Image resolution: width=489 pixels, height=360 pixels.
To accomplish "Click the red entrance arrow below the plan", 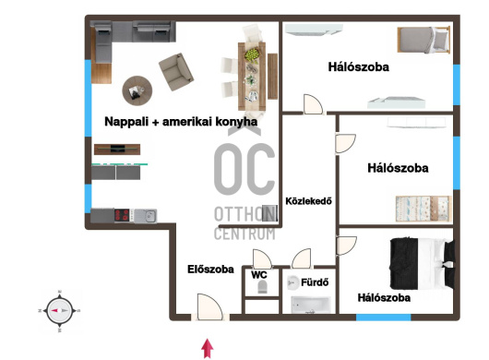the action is tap(208, 348).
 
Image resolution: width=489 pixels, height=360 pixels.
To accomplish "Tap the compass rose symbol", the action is tap(59, 311).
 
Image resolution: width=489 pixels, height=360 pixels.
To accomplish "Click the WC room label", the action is tap(259, 275).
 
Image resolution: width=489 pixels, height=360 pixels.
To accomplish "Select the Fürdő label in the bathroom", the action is tap(315, 282).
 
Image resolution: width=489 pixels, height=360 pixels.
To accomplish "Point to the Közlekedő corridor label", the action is tap(308, 201).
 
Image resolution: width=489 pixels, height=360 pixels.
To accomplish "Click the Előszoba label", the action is tap(210, 270).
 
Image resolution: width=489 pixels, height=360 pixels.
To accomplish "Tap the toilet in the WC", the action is tap(263, 286).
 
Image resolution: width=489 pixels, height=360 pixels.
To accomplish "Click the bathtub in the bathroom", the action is tap(311, 305).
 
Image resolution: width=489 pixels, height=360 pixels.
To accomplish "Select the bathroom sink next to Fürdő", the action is tap(292, 282).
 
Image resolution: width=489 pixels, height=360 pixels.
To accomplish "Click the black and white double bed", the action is tap(422, 264).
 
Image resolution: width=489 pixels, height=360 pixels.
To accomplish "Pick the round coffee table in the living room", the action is tap(137, 90).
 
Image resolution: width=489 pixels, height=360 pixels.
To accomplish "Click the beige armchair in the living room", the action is tap(176, 72).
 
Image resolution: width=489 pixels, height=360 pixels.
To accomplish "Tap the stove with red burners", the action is tap(122, 215).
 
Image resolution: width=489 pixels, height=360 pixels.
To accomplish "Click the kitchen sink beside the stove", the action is tap(146, 216).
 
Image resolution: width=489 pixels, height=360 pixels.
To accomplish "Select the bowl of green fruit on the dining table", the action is tap(252, 54).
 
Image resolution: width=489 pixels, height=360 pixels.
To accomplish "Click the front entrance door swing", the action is tap(209, 307).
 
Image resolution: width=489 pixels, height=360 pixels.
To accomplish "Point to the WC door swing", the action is tap(262, 258).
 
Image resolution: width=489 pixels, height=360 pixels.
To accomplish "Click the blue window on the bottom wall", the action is tap(383, 318).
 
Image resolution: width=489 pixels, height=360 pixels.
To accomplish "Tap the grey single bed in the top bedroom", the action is tap(423, 40).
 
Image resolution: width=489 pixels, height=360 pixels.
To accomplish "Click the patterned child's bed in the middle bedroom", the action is tap(423, 209).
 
